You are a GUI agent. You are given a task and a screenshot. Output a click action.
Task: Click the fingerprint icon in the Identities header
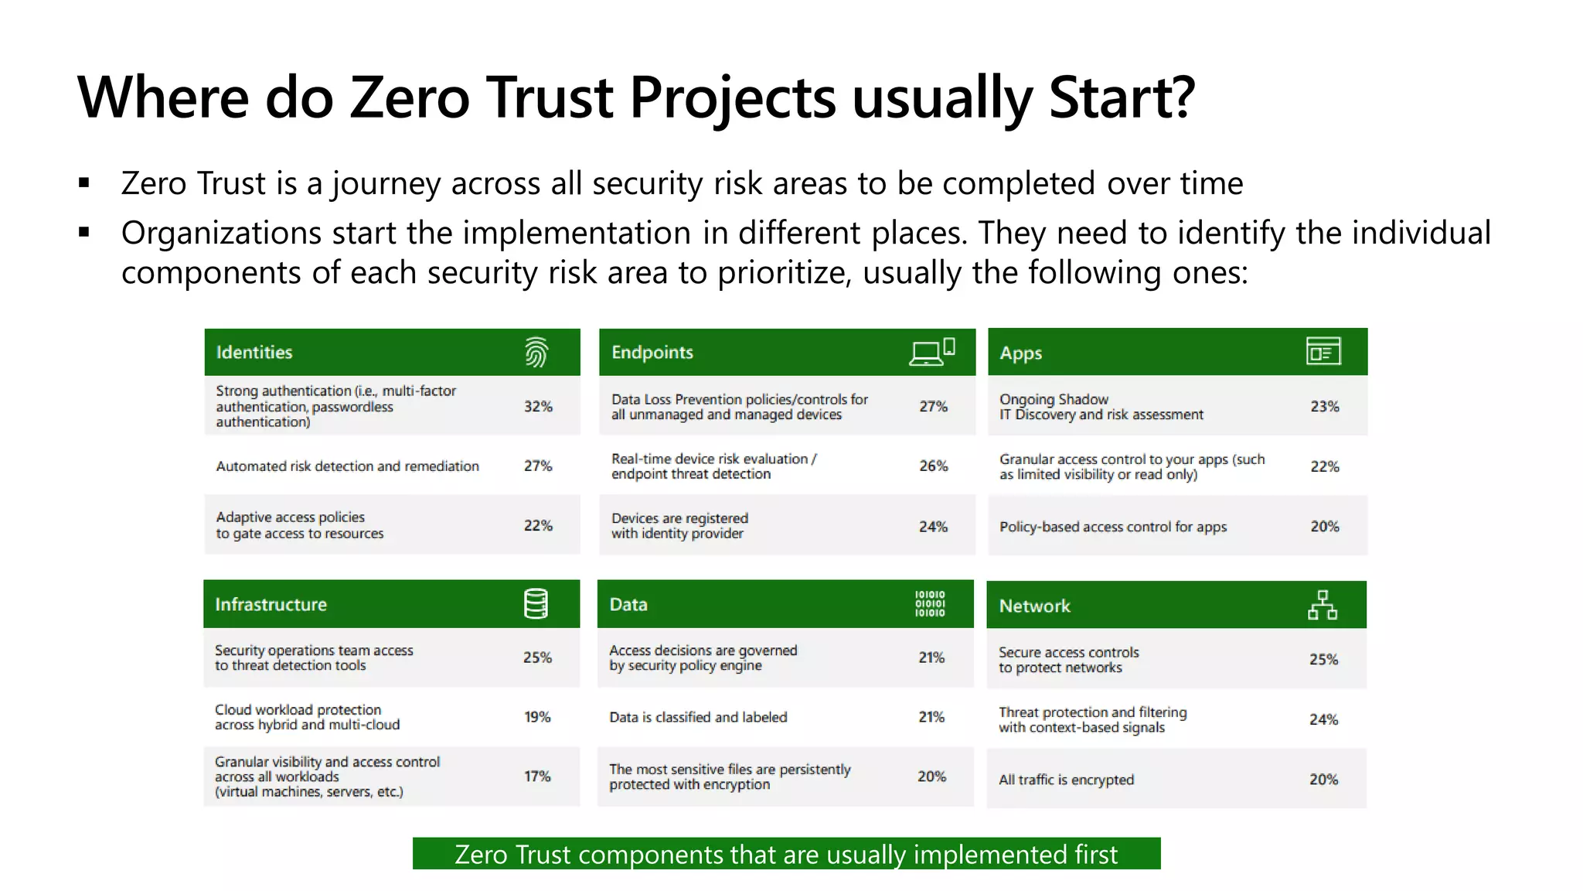click(x=536, y=352)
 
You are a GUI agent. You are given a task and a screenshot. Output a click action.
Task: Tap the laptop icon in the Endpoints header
click(x=926, y=353)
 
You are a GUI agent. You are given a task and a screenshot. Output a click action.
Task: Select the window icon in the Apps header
click(x=1323, y=351)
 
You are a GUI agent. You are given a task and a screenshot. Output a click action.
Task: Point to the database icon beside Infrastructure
click(x=536, y=604)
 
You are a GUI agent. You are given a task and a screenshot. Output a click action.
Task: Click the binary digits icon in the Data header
click(x=930, y=604)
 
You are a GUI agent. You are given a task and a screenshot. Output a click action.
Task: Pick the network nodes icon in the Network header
click(x=1323, y=605)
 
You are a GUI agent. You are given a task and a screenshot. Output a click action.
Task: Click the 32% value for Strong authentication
click(x=538, y=406)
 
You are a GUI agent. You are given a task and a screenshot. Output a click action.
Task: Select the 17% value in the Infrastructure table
click(x=537, y=776)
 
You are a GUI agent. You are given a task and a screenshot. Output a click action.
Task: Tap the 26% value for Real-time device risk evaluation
click(x=933, y=466)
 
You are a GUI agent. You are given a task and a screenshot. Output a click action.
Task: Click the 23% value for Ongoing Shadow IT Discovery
click(x=1324, y=406)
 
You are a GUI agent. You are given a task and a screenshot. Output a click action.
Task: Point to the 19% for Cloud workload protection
click(x=537, y=717)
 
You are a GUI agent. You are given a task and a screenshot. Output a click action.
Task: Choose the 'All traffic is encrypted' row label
click(x=1066, y=780)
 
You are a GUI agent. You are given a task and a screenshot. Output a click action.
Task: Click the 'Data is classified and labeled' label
click(x=698, y=717)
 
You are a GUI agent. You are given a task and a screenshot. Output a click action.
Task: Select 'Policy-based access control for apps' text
click(x=1112, y=527)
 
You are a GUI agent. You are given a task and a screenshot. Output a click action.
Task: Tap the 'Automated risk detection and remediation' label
click(x=347, y=466)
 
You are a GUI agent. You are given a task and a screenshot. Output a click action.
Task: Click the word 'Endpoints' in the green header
click(x=652, y=352)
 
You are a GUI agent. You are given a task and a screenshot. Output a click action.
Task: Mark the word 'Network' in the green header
click(x=1034, y=606)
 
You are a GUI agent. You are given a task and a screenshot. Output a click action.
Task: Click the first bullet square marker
click(x=84, y=183)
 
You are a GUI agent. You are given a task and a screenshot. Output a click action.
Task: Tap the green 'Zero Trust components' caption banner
click(x=786, y=854)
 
